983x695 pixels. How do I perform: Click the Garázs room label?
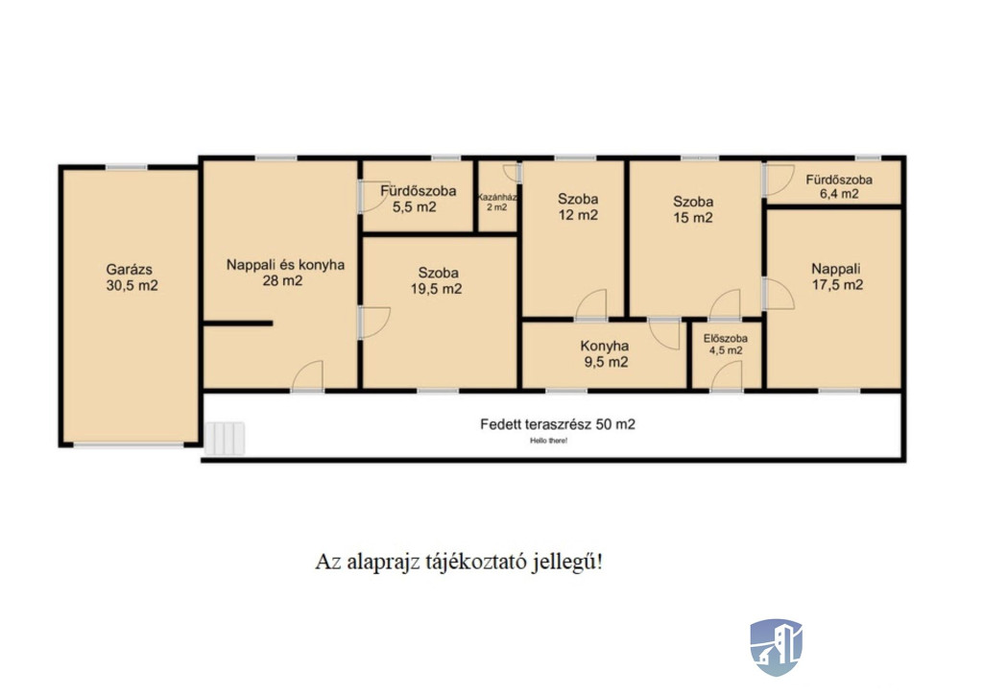(x=130, y=270)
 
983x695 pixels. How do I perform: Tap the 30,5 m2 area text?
(x=132, y=286)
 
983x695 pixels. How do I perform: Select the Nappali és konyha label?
(x=285, y=265)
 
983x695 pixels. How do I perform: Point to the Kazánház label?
(x=497, y=197)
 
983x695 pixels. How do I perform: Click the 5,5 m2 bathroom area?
(x=415, y=206)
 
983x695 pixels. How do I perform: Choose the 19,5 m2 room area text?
(x=437, y=289)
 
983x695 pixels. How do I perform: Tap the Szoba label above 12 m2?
(x=578, y=200)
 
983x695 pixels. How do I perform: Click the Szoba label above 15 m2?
(x=693, y=202)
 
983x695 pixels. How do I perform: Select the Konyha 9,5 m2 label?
(x=605, y=354)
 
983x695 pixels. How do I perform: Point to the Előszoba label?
(x=726, y=339)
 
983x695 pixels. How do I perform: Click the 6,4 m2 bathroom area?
(x=839, y=194)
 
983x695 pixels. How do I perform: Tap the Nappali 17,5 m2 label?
(x=837, y=277)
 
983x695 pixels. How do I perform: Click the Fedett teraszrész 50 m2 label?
(x=558, y=424)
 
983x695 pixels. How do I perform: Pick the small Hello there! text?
(x=548, y=441)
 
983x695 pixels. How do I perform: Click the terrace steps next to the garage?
(x=225, y=438)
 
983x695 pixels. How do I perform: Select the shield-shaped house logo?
(x=776, y=647)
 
